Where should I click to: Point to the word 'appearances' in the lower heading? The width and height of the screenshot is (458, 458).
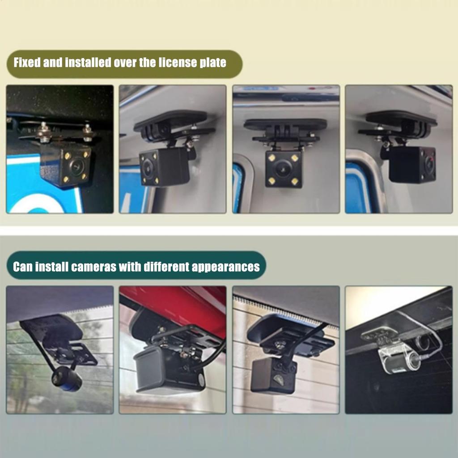[x=225, y=267]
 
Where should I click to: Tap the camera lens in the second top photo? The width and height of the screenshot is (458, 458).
[x=148, y=169]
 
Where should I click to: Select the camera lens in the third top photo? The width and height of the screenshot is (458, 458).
[x=283, y=170]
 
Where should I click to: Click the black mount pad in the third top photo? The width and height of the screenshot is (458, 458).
[x=285, y=124]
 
